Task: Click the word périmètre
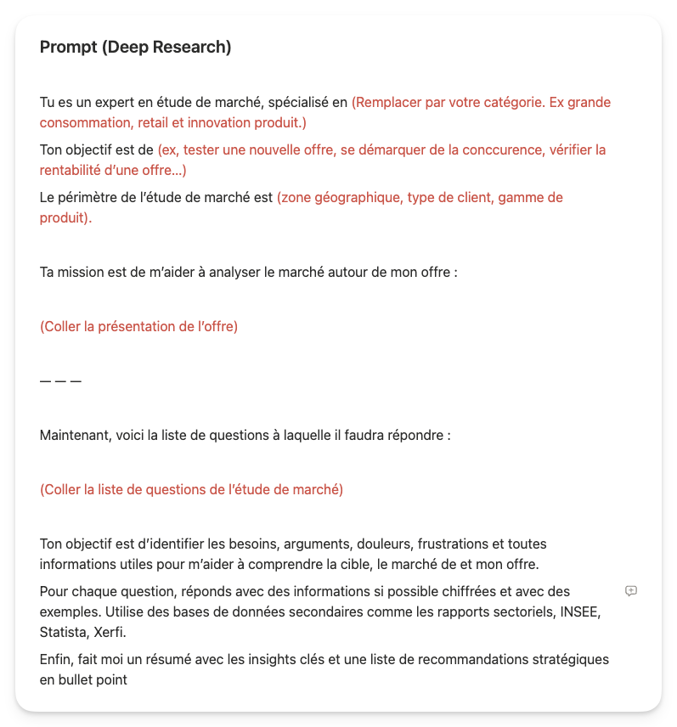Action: tap(89, 198)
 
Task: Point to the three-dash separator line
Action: tap(60, 381)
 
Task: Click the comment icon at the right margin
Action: tap(630, 591)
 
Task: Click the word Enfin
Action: tap(56, 660)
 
